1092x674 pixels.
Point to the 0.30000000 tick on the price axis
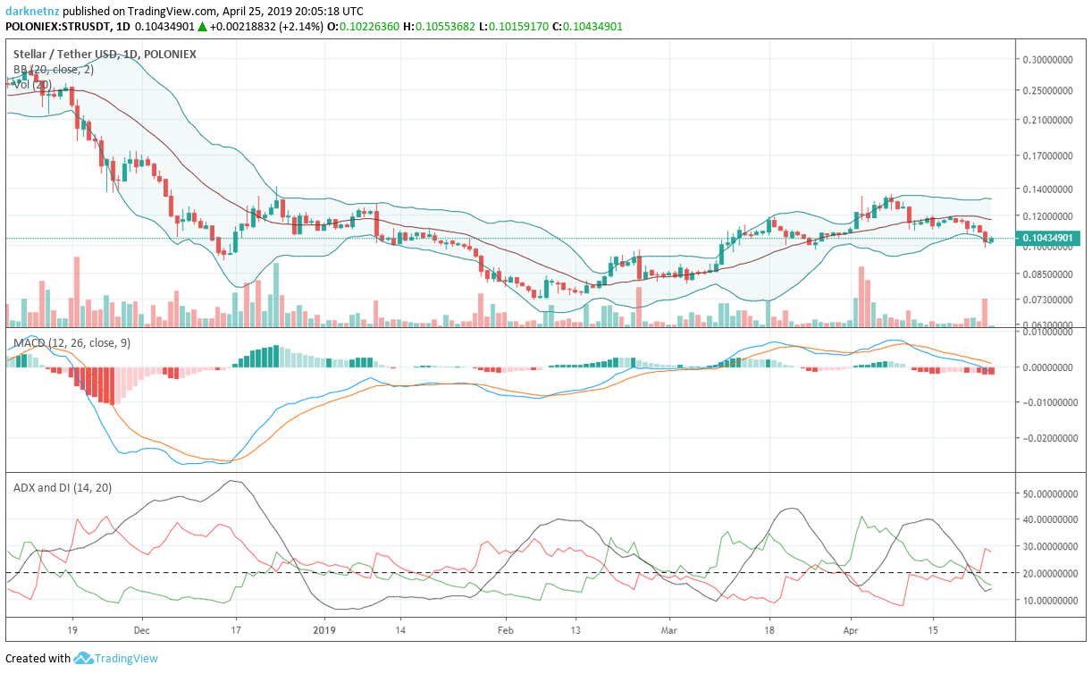coord(1048,60)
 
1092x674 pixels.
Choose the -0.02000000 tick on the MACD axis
coord(1048,439)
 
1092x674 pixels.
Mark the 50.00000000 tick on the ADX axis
coord(1048,493)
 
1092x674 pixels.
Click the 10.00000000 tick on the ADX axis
coord(1048,600)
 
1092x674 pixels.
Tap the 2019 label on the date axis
coord(323,628)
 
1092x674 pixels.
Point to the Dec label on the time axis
coord(141,628)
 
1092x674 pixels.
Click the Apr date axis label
coord(851,628)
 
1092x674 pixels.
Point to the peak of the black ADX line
coord(234,481)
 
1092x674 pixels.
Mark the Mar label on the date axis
coord(668,628)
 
